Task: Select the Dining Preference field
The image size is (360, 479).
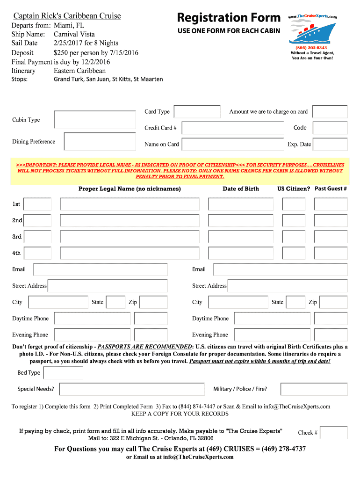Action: click(96, 142)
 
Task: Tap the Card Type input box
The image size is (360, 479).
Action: click(197, 112)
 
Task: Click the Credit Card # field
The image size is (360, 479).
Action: click(233, 128)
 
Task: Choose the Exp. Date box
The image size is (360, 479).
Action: click(330, 144)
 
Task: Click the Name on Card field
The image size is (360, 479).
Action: click(233, 144)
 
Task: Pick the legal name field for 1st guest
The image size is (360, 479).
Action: click(130, 204)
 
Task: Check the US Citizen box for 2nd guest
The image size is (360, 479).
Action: click(294, 221)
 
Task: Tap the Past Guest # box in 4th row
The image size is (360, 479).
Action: click(331, 254)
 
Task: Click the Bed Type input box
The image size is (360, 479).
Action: click(63, 373)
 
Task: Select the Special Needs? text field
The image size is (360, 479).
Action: click(132, 389)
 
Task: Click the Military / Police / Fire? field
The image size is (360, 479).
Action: click(314, 389)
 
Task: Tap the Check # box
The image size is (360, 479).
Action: click(334, 433)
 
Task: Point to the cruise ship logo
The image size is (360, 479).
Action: click(312, 32)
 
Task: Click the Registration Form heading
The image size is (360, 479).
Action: click(229, 18)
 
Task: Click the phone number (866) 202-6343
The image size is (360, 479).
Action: click(311, 48)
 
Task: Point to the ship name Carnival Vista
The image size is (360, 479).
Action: click(74, 34)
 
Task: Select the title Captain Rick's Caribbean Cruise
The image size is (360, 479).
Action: click(67, 16)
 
